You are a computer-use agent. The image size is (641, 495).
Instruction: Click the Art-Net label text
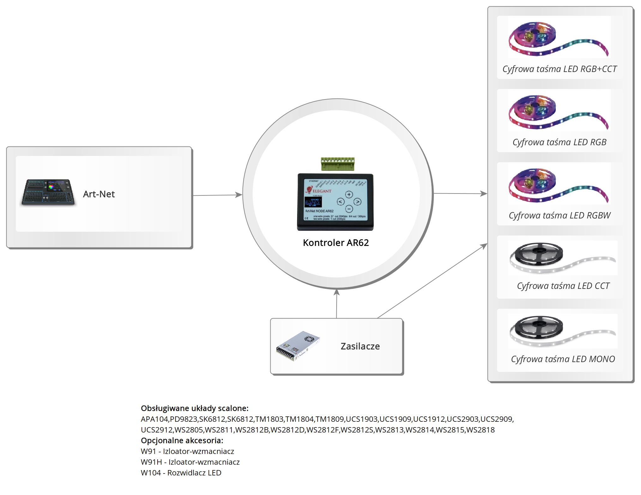(99, 194)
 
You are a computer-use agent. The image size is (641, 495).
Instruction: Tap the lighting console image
(48, 193)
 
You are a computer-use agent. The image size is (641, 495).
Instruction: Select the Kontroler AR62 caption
(336, 243)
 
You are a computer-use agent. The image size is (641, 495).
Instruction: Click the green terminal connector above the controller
(338, 164)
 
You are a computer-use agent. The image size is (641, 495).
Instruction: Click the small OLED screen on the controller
(313, 202)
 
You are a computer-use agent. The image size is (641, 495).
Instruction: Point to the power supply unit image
(297, 346)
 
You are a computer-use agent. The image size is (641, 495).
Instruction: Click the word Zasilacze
(360, 346)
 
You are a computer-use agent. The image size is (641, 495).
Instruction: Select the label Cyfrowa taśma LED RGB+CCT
(559, 69)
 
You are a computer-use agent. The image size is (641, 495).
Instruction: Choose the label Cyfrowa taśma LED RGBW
(559, 216)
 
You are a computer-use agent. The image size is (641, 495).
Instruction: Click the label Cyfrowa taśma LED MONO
(563, 359)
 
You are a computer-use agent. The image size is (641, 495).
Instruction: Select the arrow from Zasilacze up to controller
(337, 303)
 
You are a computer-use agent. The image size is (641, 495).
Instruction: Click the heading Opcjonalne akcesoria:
(182, 440)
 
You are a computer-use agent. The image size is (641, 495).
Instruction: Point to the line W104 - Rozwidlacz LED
(181, 473)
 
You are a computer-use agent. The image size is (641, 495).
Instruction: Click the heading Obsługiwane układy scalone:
(195, 408)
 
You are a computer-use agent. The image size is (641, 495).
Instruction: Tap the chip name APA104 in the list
(154, 419)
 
